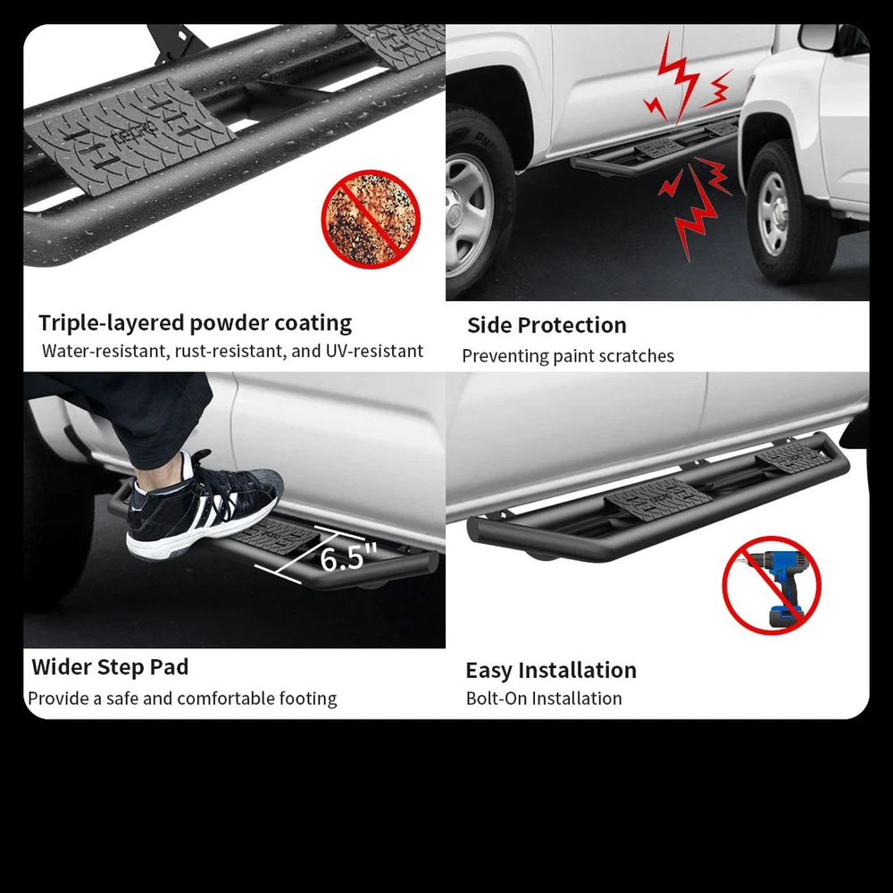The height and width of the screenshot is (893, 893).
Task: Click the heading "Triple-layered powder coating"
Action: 196,323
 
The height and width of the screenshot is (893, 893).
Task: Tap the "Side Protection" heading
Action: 547,325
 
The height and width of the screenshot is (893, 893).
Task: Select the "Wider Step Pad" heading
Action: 110,667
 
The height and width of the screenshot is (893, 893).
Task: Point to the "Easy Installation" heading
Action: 551,671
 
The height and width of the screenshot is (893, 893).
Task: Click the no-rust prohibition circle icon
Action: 371,219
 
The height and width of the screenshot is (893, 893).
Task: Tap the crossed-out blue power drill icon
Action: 772,585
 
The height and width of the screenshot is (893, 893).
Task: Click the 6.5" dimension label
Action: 348,557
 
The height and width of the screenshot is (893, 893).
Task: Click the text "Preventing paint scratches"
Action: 568,356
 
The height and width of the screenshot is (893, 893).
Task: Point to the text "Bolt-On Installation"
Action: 544,698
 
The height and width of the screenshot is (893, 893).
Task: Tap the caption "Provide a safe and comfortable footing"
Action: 182,698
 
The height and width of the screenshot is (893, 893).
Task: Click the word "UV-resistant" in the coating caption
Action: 374,351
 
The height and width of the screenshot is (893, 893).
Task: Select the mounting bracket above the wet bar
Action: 175,42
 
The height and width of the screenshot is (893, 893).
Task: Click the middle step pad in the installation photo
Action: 658,499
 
